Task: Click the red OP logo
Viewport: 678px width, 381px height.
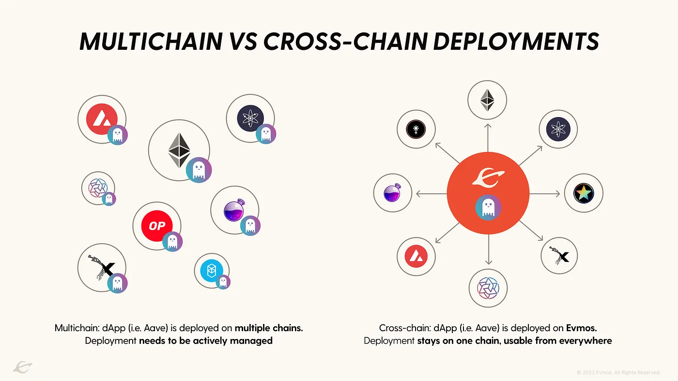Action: [x=156, y=226]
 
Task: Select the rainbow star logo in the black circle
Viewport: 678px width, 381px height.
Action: [x=584, y=193]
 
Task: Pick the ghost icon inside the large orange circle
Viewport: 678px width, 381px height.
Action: [x=488, y=208]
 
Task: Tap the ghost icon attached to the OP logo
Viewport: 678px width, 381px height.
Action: [x=172, y=241]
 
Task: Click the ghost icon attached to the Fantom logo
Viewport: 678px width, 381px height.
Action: [x=223, y=282]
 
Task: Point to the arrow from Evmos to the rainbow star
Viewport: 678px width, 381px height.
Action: [x=544, y=194]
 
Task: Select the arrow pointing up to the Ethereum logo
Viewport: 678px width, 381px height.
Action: [x=488, y=137]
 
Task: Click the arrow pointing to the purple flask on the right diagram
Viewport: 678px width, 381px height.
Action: [x=431, y=194]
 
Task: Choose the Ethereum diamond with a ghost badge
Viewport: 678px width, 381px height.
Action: [x=179, y=150]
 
